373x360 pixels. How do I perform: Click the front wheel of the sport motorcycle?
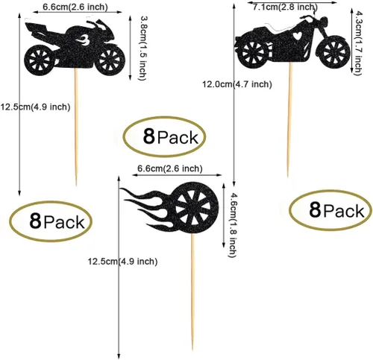click(110, 60)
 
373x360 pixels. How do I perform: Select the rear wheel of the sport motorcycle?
click(40, 60)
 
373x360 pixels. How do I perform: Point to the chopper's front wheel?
click(333, 53)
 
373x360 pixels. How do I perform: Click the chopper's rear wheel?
click(253, 51)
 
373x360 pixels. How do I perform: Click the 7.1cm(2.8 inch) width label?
click(285, 7)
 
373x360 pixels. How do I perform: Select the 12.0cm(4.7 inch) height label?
click(237, 84)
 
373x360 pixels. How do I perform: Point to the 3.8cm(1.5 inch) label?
click(142, 48)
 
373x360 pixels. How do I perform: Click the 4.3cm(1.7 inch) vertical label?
click(359, 42)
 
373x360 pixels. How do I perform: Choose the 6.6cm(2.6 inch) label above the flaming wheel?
click(170, 168)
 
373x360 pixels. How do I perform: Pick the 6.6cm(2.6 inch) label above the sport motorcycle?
click(75, 7)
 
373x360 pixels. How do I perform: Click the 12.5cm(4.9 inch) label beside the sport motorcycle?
click(35, 107)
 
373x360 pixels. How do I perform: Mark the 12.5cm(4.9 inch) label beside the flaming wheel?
click(122, 262)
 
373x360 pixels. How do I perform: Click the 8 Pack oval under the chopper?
click(330, 210)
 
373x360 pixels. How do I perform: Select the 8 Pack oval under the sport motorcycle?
click(51, 221)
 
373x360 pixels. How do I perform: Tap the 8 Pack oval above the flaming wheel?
click(164, 136)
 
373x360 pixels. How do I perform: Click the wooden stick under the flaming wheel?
click(192, 292)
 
